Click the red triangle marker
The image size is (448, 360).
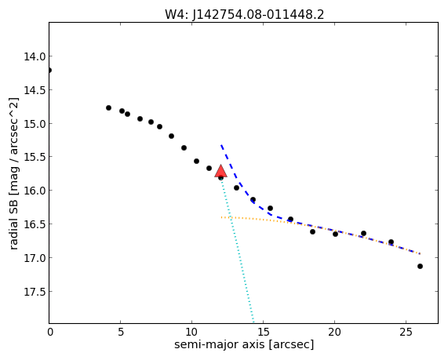click(220, 172)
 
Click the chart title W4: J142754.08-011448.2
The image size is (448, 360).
click(244, 14)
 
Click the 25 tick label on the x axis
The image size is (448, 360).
click(406, 332)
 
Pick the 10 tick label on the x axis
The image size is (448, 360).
click(191, 332)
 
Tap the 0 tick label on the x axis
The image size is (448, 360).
click(50, 332)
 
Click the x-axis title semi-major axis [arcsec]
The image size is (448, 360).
click(244, 344)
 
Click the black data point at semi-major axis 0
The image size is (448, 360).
click(49, 71)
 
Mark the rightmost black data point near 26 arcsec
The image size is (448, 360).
click(420, 267)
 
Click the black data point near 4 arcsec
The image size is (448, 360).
click(108, 107)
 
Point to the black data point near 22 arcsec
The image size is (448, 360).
click(363, 234)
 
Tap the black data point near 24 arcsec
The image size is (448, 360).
click(392, 242)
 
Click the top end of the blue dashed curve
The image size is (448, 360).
click(221, 145)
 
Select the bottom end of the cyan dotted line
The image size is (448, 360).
click(253, 323)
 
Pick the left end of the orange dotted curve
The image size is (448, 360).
click(221, 217)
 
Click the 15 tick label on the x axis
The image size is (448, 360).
click(263, 332)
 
